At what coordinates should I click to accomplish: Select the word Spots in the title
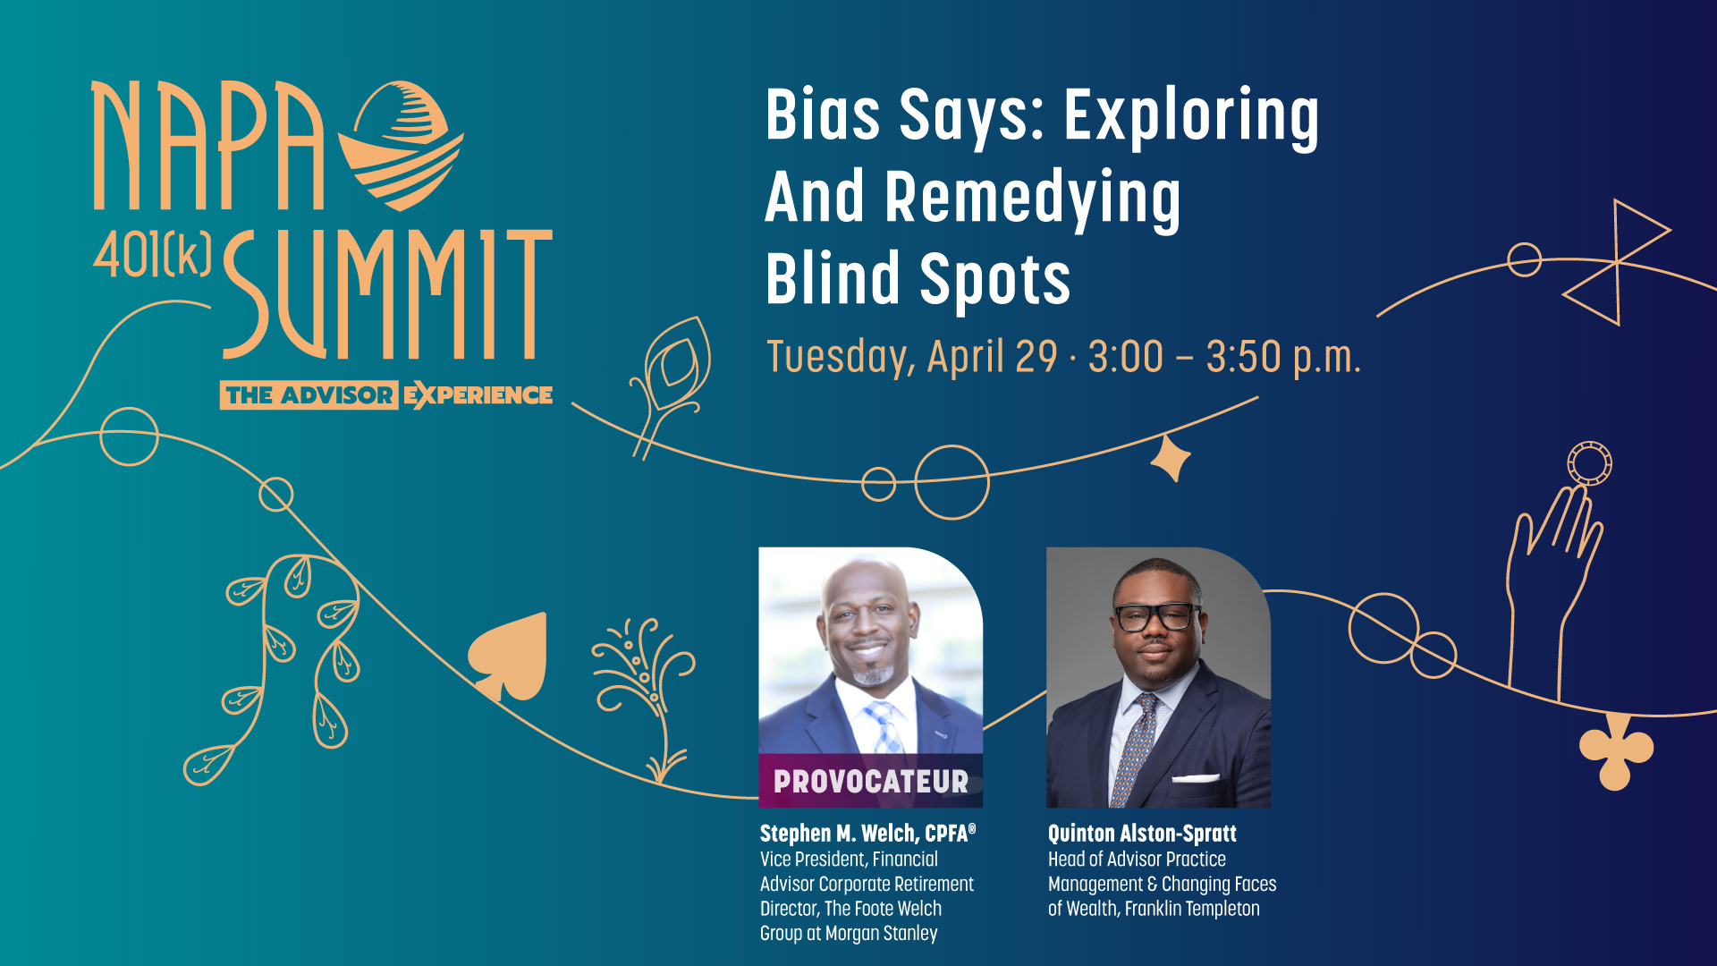coord(994,279)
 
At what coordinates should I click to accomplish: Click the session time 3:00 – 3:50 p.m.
coord(1224,357)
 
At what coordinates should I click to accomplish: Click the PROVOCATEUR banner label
coord(871,782)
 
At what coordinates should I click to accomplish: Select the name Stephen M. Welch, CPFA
coord(867,834)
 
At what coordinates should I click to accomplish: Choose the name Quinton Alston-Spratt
coord(1142,834)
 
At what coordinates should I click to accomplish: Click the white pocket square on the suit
coord(1196,778)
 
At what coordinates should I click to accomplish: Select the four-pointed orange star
coord(1171,458)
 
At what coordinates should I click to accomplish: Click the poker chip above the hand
coord(1589,464)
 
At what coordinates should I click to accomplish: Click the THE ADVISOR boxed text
coord(309,395)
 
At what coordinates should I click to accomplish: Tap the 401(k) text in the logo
coord(152,254)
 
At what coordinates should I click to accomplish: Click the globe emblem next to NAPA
coord(402,145)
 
